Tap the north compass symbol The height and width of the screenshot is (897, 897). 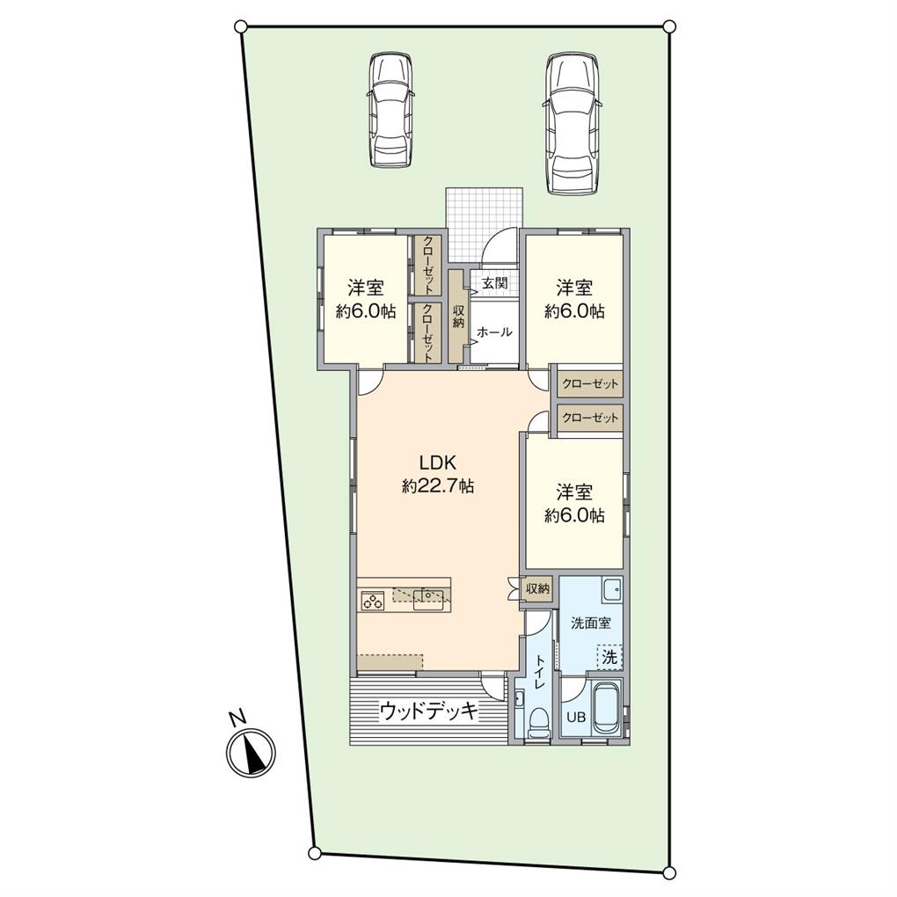coord(252,752)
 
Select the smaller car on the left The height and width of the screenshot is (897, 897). coord(391,111)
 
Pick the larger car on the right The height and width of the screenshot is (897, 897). coord(572,124)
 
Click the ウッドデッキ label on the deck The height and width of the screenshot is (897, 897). coord(428,711)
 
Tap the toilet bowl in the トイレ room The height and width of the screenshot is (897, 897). coord(537,724)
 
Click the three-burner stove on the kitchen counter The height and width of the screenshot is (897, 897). coord(372,602)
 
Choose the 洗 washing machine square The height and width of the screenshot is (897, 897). coord(609,656)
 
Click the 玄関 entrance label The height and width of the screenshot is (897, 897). coord(495,283)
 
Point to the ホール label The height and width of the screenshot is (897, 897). coord(494,332)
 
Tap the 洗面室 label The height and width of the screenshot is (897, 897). coord(590,623)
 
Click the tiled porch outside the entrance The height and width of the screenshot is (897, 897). coord(485,223)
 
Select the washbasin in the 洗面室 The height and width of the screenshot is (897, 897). coord(611,588)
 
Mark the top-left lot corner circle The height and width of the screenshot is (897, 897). coord(241,26)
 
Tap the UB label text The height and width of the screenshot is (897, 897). coord(576,716)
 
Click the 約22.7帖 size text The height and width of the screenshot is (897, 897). coord(438,487)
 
